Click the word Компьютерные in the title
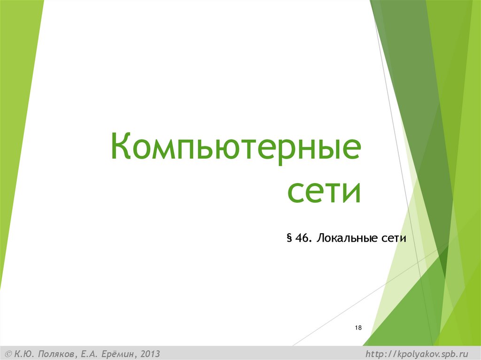[236, 147]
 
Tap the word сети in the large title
[324, 191]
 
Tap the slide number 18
[358, 327]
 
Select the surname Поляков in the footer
[53, 353]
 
